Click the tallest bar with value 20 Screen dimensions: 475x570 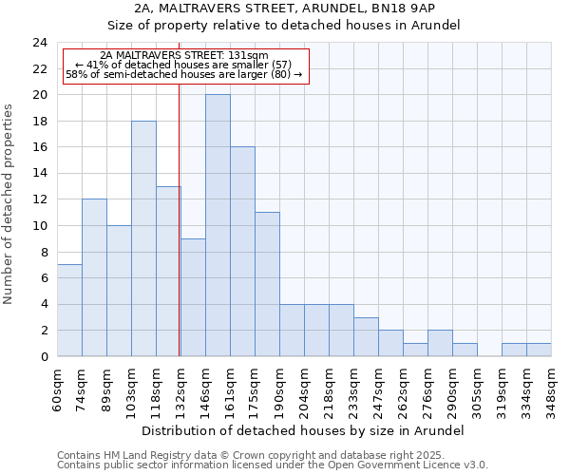point(218,225)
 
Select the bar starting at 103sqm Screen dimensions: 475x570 point(143,238)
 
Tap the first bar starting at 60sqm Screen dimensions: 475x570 point(69,311)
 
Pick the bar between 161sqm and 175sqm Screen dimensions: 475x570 point(242,252)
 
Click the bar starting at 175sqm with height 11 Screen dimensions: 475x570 point(267,284)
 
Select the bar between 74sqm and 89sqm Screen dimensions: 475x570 point(94,277)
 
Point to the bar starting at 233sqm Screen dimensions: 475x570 point(366,337)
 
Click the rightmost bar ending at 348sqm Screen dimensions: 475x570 point(539,350)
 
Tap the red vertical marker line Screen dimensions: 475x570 point(180,218)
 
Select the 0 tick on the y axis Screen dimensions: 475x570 point(44,357)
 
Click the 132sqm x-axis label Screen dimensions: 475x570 point(180,387)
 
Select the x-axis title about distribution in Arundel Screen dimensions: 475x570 point(304,430)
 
